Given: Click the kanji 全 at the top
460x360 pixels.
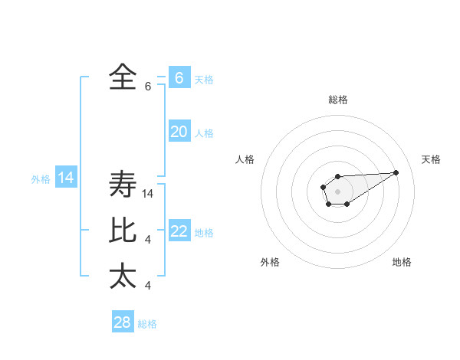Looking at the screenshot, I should click(123, 77).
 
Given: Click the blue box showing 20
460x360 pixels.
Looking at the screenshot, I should click(179, 132).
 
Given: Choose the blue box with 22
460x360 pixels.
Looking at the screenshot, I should click(179, 231).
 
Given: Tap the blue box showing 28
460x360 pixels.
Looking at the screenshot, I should click(123, 322).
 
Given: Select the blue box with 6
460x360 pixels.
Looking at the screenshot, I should click(179, 78).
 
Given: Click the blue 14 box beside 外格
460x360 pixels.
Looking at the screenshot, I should click(66, 178).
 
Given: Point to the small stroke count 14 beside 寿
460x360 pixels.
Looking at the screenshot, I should click(149, 195).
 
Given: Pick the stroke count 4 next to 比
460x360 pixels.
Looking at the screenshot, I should click(148, 241).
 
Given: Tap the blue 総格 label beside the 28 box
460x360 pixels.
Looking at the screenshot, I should click(147, 324).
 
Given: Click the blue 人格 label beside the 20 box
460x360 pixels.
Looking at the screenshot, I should click(204, 133).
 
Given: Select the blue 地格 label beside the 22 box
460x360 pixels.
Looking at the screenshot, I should click(204, 233).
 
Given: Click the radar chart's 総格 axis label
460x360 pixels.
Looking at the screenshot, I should click(337, 100).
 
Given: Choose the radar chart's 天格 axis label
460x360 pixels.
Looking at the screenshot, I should click(431, 159).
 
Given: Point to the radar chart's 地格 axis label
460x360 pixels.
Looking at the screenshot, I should click(402, 263).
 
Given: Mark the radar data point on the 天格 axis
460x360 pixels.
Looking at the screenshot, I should click(396, 172).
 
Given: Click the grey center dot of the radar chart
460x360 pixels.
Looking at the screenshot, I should click(337, 191).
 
